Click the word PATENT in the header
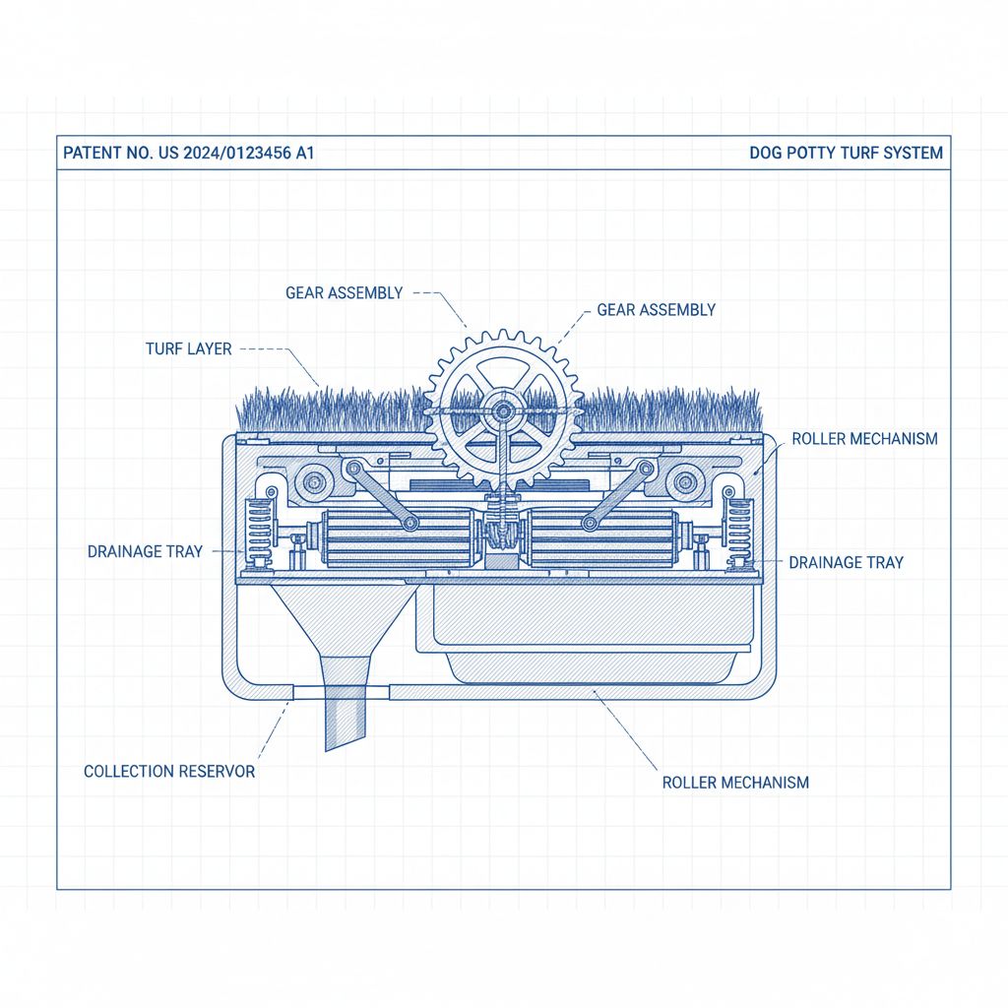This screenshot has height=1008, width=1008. [92, 154]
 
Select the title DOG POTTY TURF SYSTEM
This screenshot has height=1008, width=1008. [846, 154]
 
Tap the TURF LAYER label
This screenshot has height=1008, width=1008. [188, 349]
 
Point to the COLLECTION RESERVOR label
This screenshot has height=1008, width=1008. [169, 772]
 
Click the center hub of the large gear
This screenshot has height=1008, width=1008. [503, 409]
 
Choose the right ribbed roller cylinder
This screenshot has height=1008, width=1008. [602, 539]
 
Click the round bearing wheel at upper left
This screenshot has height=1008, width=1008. [315, 482]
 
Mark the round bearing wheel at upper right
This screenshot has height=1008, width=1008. [682, 482]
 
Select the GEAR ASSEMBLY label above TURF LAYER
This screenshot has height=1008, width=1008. [344, 293]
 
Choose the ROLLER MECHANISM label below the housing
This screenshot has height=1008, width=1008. [735, 784]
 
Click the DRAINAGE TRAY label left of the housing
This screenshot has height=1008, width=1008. [145, 552]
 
